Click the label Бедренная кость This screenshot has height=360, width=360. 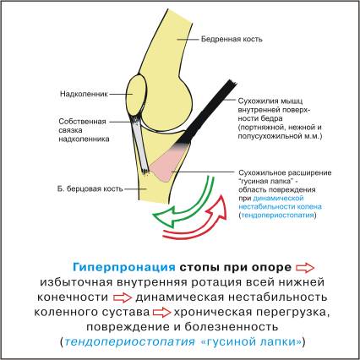[x=232, y=39]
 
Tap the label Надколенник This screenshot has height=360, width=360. [x=84, y=94]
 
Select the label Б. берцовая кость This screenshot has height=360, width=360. [x=90, y=188]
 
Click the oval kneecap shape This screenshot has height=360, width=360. [x=136, y=94]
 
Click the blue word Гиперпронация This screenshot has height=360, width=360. [x=124, y=267]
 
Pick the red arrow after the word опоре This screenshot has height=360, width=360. [x=305, y=268]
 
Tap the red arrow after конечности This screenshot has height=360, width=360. [x=123, y=297]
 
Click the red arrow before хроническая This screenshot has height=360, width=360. [x=162, y=313]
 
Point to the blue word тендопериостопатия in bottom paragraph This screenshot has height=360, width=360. [x=130, y=341]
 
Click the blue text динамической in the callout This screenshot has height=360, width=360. [x=278, y=198]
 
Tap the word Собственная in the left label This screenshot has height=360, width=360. [x=83, y=122]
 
